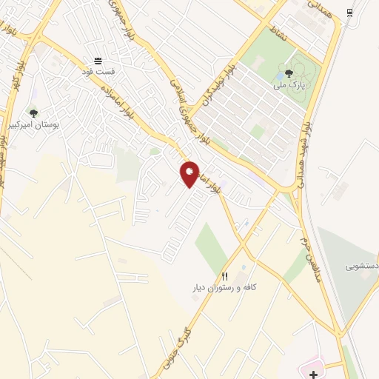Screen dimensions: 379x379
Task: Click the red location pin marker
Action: coord(190,174)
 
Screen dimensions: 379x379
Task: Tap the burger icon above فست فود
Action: coord(98,61)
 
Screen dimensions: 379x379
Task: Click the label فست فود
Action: coord(98,73)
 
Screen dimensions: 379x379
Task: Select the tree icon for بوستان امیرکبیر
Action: coord(33,113)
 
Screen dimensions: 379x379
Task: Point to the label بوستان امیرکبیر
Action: coord(34,126)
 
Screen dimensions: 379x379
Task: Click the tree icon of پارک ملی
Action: coord(288,73)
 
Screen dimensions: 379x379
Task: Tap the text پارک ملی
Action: coord(288,86)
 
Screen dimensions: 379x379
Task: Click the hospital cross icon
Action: coord(314,375)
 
